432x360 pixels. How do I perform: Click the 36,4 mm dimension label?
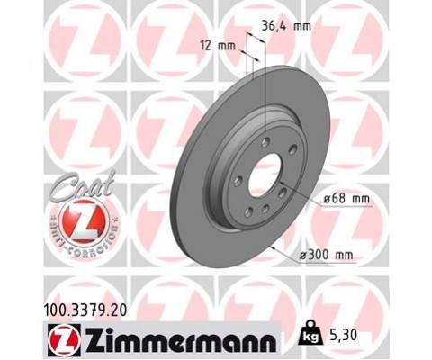click(x=286, y=26)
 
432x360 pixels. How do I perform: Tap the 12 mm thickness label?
click(x=218, y=46)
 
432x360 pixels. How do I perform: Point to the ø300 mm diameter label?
click(x=327, y=256)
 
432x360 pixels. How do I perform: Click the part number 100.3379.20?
click(x=86, y=310)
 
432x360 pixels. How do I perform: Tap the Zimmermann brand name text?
click(x=181, y=341)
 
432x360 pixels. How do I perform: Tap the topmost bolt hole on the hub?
click(x=265, y=142)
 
